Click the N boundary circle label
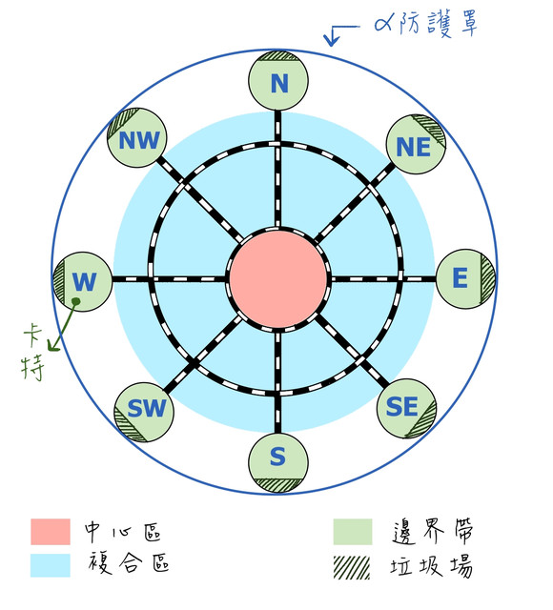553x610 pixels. (x=279, y=83)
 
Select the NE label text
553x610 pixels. (x=413, y=147)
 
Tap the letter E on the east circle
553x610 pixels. (x=460, y=277)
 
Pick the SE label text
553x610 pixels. (x=401, y=406)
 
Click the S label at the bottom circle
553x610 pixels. (x=277, y=457)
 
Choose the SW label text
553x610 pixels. (x=146, y=408)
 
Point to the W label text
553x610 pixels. (x=84, y=281)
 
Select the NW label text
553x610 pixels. (x=139, y=140)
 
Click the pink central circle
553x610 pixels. (x=277, y=279)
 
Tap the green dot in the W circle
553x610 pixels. (x=76, y=301)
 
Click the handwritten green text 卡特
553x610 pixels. (x=32, y=351)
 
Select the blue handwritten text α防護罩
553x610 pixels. (x=425, y=24)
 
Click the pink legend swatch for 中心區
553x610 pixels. (x=51, y=532)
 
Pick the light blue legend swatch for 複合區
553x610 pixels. (x=51, y=565)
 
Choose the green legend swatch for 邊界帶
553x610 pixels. (x=353, y=532)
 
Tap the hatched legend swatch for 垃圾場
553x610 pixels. (x=352, y=568)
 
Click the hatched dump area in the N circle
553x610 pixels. (x=278, y=55)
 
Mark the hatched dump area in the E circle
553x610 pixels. (x=487, y=278)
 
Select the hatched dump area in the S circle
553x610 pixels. (x=277, y=485)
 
